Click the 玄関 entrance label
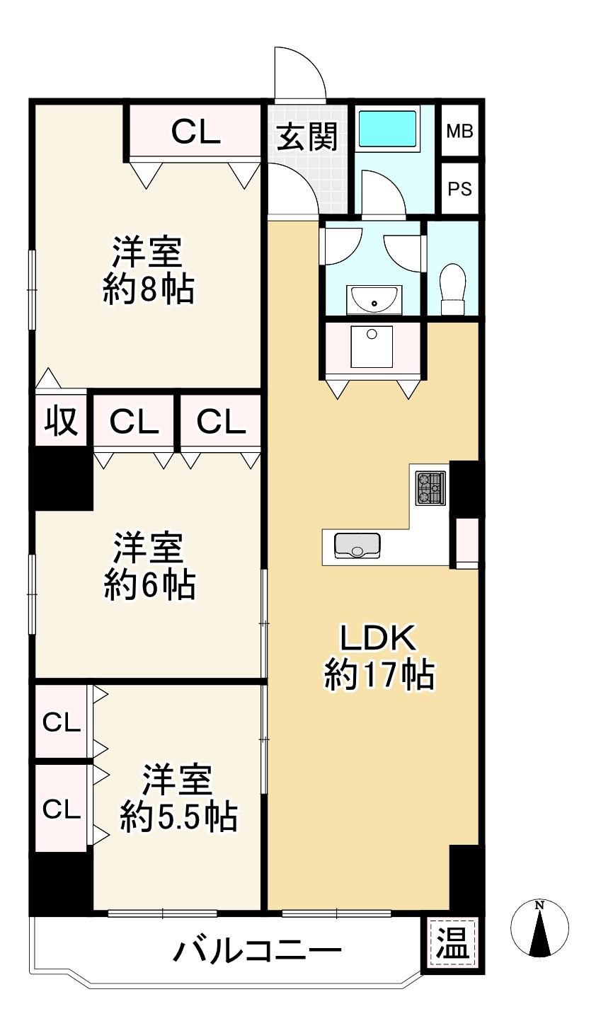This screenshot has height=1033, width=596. click(306, 137)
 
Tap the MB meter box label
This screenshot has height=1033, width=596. click(459, 132)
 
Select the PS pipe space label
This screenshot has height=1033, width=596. click(459, 189)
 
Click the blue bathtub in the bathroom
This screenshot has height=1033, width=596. click(388, 128)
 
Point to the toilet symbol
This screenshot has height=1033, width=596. click(452, 288)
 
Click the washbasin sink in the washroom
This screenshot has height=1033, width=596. click(374, 301)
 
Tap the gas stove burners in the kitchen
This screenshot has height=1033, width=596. click(430, 488)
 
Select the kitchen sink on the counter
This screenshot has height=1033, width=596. click(357, 546)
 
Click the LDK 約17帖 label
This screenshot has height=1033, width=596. click(379, 657)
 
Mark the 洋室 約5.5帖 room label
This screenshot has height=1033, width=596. click(178, 798)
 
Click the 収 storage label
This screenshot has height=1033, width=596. click(62, 422)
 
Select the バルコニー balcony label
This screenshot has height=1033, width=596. click(258, 950)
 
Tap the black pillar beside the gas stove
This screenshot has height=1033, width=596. click(464, 487)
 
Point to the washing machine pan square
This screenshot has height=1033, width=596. click(372, 346)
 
